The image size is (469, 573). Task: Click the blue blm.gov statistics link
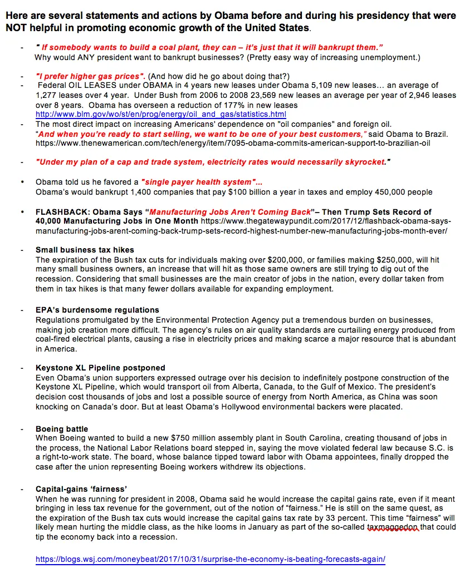coord(160,114)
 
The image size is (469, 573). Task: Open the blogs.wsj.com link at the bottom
coord(210,559)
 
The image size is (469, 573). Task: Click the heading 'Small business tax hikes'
coord(85,250)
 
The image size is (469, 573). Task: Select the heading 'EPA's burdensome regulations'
coord(97,310)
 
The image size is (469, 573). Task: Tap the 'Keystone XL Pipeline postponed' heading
coord(100,368)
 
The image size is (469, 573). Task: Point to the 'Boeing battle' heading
coord(62,429)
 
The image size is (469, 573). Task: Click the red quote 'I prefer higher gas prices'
coord(90,76)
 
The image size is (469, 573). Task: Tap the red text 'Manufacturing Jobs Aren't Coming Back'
coord(231,212)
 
